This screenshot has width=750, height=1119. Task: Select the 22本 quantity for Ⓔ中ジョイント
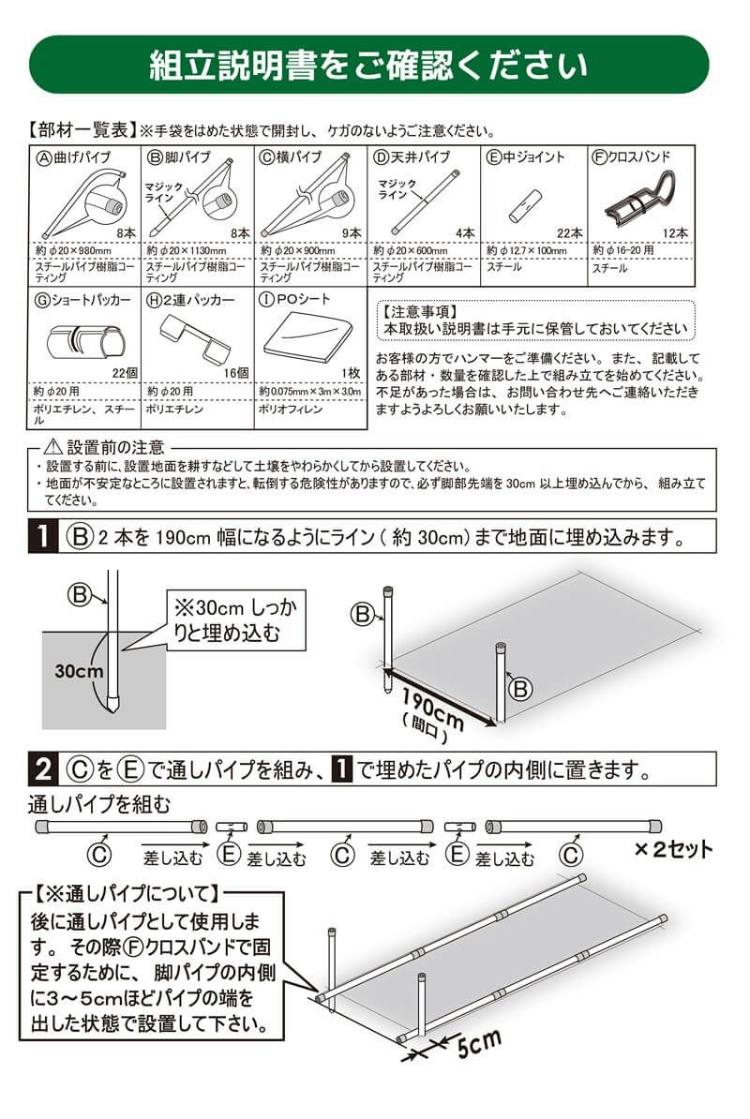[x=570, y=233]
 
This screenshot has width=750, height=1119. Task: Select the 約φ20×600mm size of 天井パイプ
[x=413, y=251]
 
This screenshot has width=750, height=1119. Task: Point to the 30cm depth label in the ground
[x=78, y=672]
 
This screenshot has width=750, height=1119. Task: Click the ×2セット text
[x=673, y=850]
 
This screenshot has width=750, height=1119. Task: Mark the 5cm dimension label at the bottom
[x=479, y=1040]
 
